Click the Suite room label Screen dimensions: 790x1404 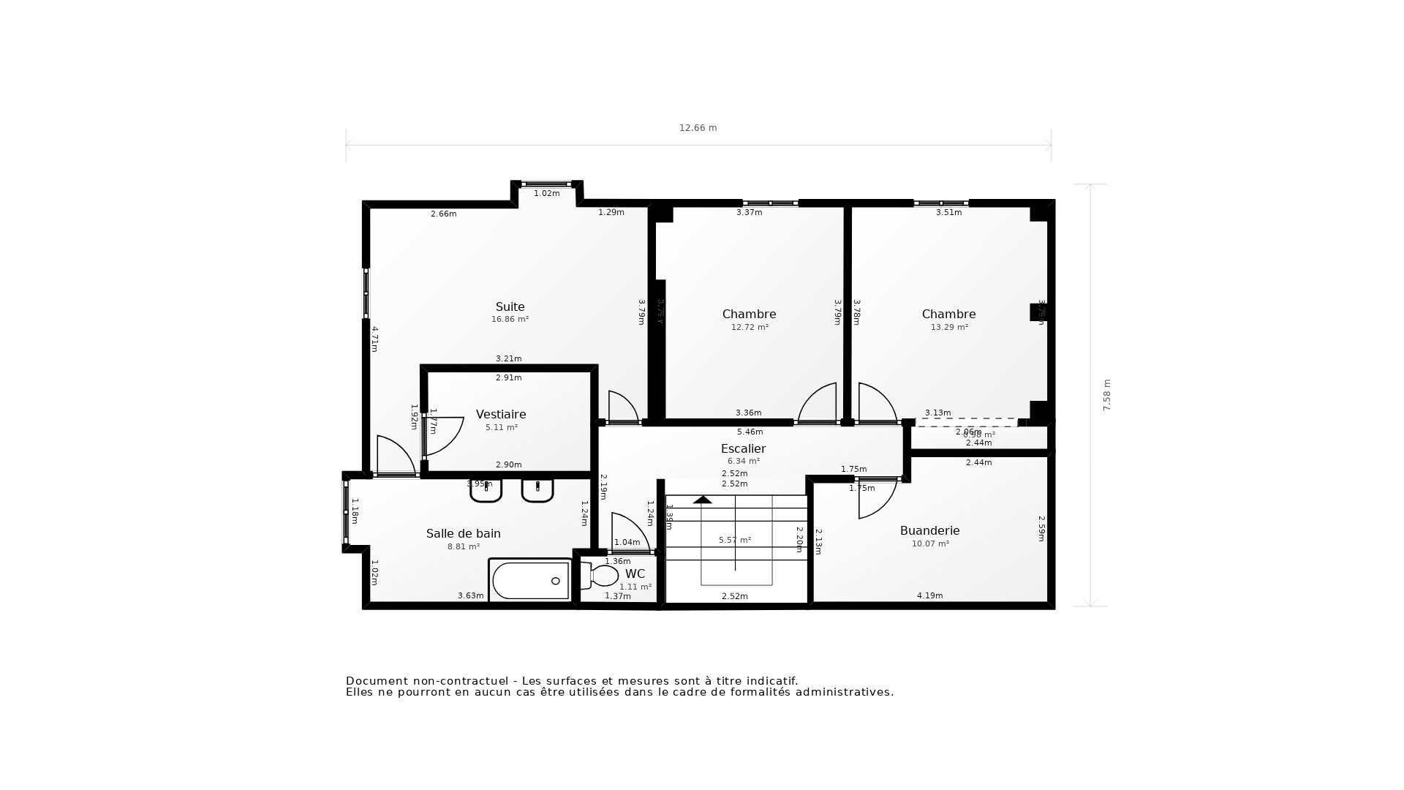pos(510,307)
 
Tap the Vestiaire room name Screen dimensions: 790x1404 pos(501,415)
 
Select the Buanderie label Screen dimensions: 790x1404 pos(929,531)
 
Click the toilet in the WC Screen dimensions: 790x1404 pos(601,576)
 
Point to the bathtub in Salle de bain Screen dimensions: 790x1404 pos(530,581)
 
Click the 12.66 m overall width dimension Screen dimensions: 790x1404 pos(698,128)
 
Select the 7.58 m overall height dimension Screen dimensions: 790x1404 pos(1106,395)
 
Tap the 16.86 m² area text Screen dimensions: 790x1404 pos(510,320)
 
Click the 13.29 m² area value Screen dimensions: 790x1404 pos(949,328)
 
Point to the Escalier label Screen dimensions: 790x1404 pos(743,449)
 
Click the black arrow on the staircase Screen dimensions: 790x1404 pos(703,500)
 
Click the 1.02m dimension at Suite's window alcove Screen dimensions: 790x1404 pos(546,194)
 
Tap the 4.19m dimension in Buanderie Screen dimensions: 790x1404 pos(929,596)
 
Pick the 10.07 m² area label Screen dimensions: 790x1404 pos(930,544)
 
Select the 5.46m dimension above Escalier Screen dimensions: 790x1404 pos(750,432)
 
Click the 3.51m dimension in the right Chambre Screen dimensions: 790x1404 pos(948,213)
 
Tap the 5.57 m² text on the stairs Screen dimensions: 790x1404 pos(734,541)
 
